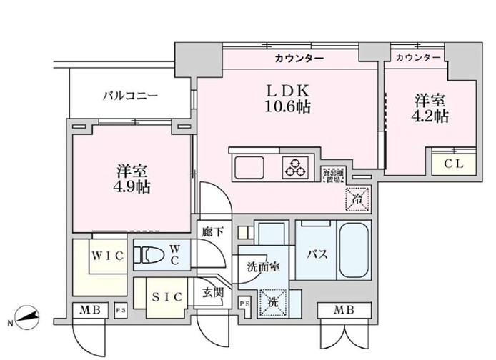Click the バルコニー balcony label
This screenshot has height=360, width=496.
(x=129, y=95)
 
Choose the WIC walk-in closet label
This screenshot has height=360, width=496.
(x=107, y=255)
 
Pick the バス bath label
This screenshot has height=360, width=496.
(x=317, y=254)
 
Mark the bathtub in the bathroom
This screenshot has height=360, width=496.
(x=353, y=251)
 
